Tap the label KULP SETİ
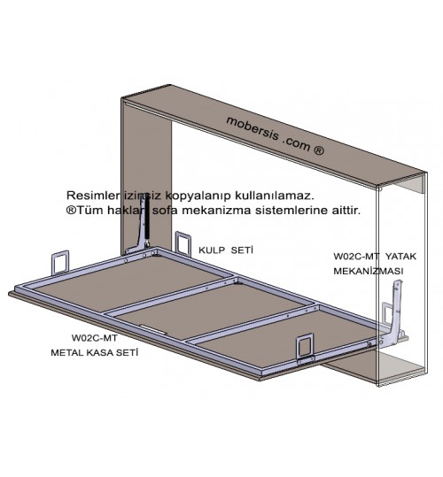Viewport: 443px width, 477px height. click(226, 250)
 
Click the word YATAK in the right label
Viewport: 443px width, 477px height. click(400, 256)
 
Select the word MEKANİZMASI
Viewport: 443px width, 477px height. click(369, 271)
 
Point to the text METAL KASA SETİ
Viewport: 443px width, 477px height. click(95, 352)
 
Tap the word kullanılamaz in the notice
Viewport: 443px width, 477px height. click(274, 196)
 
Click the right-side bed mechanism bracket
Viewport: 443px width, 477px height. click(396, 317)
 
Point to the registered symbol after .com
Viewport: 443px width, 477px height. click(319, 150)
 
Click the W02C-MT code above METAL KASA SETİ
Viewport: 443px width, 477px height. click(95, 338)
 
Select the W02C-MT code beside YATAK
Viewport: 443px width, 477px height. click(356, 256)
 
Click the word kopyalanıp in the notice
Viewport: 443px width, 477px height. click(198, 196)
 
